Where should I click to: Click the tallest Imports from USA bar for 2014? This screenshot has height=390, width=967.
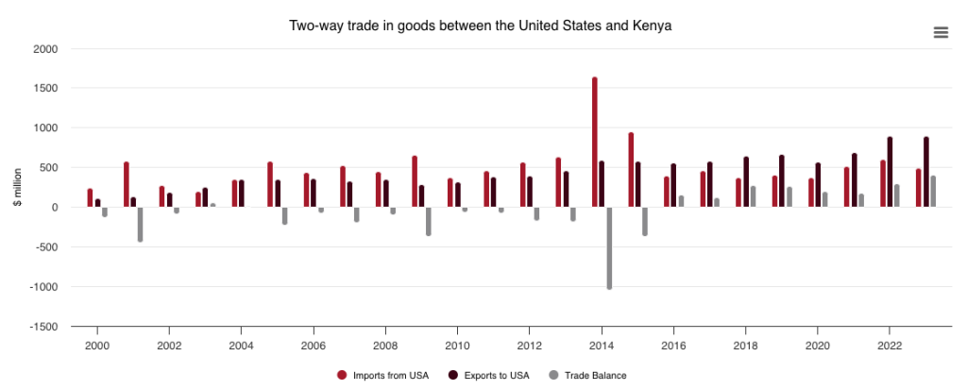coord(595,142)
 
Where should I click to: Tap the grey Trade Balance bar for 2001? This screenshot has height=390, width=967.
coord(140,224)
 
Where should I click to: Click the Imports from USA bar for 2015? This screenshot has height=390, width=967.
coord(631,170)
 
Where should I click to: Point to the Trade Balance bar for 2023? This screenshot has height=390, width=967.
coord(933,192)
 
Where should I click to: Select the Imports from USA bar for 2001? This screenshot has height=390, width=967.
coord(126,184)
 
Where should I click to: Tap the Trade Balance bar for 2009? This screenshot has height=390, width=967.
coord(429,221)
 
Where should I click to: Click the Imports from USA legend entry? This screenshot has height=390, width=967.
coord(383,375)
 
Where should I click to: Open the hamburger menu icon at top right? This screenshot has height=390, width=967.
coord(941,32)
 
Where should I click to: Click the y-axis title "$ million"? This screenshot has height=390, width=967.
coord(17,188)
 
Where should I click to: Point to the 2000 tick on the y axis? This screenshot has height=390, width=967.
coord(44,49)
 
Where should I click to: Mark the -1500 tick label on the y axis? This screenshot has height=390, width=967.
coord(42,327)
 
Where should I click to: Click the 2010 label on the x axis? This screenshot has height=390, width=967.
coord(457,345)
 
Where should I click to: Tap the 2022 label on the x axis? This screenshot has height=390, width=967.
coord(889,345)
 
